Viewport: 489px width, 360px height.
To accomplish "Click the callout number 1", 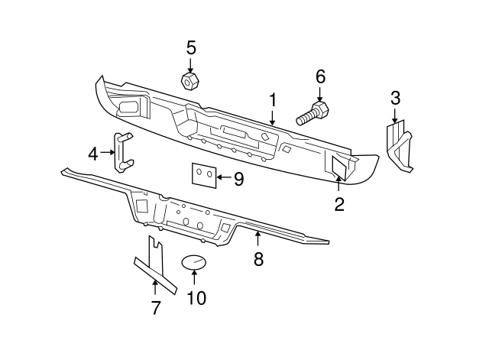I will (x=271, y=101).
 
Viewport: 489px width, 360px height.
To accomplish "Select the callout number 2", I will (x=338, y=204).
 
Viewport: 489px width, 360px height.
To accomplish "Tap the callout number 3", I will (x=395, y=98).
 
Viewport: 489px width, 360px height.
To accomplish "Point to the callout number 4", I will (x=93, y=154).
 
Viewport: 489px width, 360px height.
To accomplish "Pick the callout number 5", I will (x=190, y=47).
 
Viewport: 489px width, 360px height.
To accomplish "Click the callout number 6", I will (x=320, y=76).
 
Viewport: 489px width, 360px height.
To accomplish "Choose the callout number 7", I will (x=155, y=308).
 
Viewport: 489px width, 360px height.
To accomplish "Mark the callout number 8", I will (x=258, y=259).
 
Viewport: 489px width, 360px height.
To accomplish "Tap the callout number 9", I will (x=238, y=179).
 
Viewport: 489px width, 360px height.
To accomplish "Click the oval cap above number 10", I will (x=194, y=263).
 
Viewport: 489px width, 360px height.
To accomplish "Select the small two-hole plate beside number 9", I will (x=202, y=175).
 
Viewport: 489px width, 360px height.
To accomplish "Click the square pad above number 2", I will (x=339, y=167).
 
